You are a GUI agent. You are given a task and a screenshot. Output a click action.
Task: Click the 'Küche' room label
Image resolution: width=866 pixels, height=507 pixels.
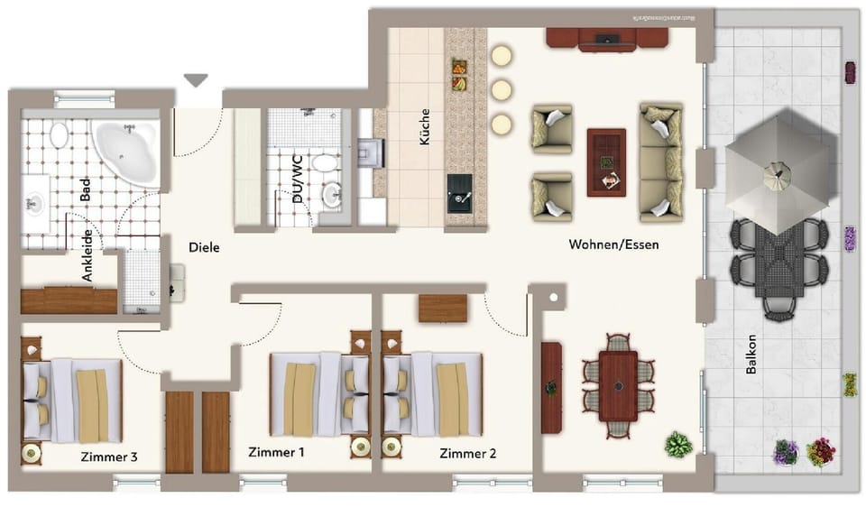[x=424, y=128]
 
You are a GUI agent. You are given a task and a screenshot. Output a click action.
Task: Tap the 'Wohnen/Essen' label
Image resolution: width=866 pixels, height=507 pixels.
[x=613, y=244]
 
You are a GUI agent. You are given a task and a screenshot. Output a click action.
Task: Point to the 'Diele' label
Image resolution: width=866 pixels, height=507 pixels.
[x=204, y=246]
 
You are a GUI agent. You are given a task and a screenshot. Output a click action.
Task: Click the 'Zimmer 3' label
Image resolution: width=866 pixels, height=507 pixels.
[x=108, y=456]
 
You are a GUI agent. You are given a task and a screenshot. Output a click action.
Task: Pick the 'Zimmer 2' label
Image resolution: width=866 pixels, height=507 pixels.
[x=467, y=454]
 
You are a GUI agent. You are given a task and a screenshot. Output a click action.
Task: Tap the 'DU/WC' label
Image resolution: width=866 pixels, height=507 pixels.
[x=298, y=180]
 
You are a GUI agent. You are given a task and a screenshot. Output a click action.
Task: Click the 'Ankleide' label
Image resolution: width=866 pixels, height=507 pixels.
[x=88, y=256]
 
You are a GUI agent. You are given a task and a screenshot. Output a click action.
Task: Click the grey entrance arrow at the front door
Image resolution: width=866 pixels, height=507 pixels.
[x=196, y=81]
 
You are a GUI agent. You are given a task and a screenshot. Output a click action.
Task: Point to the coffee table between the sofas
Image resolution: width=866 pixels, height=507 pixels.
[x=606, y=162]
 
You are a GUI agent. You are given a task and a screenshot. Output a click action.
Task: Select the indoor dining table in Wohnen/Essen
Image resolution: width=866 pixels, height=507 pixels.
[x=618, y=385]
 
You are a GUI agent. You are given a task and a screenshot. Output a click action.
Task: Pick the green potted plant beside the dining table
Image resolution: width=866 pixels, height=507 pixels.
[x=677, y=445]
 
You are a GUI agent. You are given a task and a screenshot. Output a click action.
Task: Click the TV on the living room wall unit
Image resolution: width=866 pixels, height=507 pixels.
[x=606, y=39]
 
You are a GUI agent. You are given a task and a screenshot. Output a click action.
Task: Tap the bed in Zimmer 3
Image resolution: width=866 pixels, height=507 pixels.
[x=72, y=400]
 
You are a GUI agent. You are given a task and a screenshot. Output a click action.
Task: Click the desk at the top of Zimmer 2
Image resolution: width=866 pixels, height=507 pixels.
[x=442, y=308]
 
